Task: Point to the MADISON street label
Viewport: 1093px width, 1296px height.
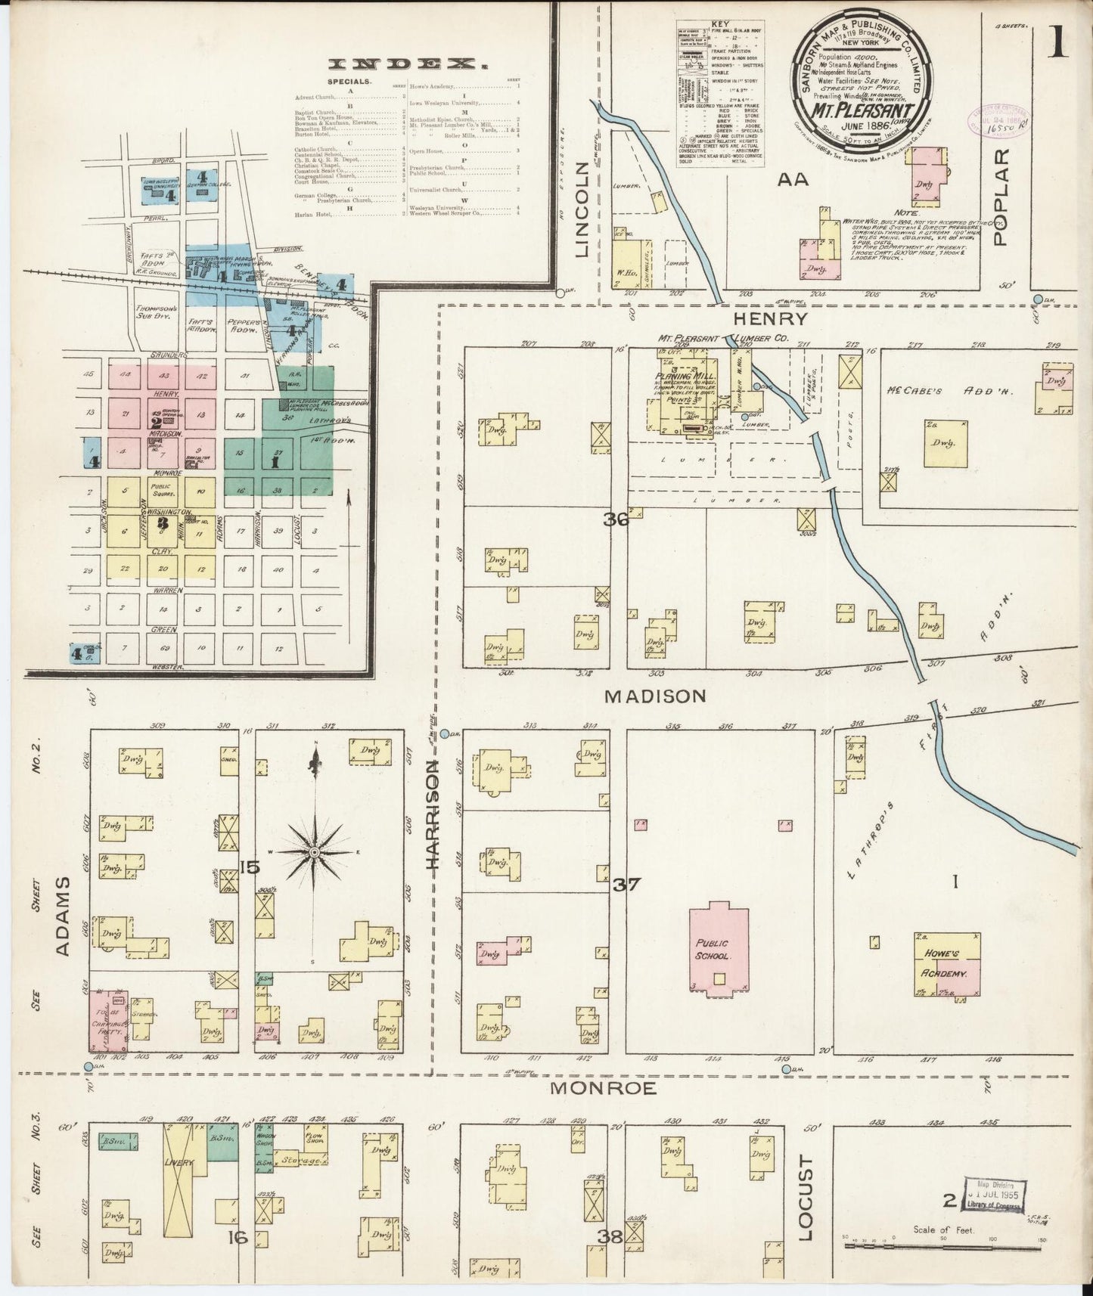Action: coord(655,696)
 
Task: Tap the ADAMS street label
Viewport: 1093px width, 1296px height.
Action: coord(64,916)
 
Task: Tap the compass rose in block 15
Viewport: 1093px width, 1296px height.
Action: coord(316,851)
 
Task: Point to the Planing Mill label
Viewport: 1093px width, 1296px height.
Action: coord(678,376)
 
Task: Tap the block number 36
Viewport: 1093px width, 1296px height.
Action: coord(616,519)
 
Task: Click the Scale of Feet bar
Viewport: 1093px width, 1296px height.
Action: coord(946,1245)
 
